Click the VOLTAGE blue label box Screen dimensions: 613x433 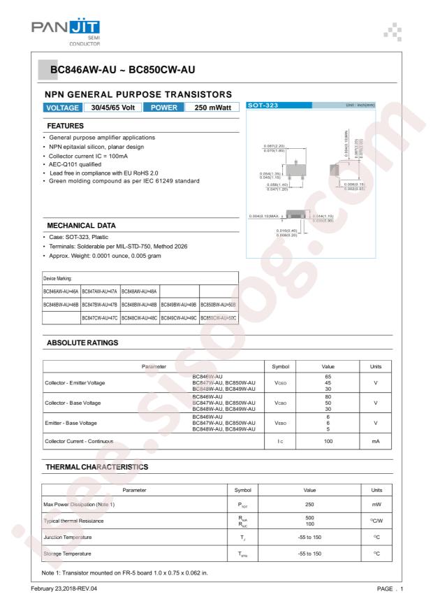62,108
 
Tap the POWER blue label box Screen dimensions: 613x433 162,108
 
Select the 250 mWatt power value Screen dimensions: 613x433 210,108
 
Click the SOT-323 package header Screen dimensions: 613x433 263,105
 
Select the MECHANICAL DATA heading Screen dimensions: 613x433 80,226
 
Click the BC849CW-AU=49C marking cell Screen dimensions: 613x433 179,318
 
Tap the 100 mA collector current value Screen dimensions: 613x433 328,441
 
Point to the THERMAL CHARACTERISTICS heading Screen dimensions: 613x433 96,466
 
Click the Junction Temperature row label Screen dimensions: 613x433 75,537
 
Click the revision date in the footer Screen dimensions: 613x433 65,589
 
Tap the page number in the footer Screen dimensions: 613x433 388,589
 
